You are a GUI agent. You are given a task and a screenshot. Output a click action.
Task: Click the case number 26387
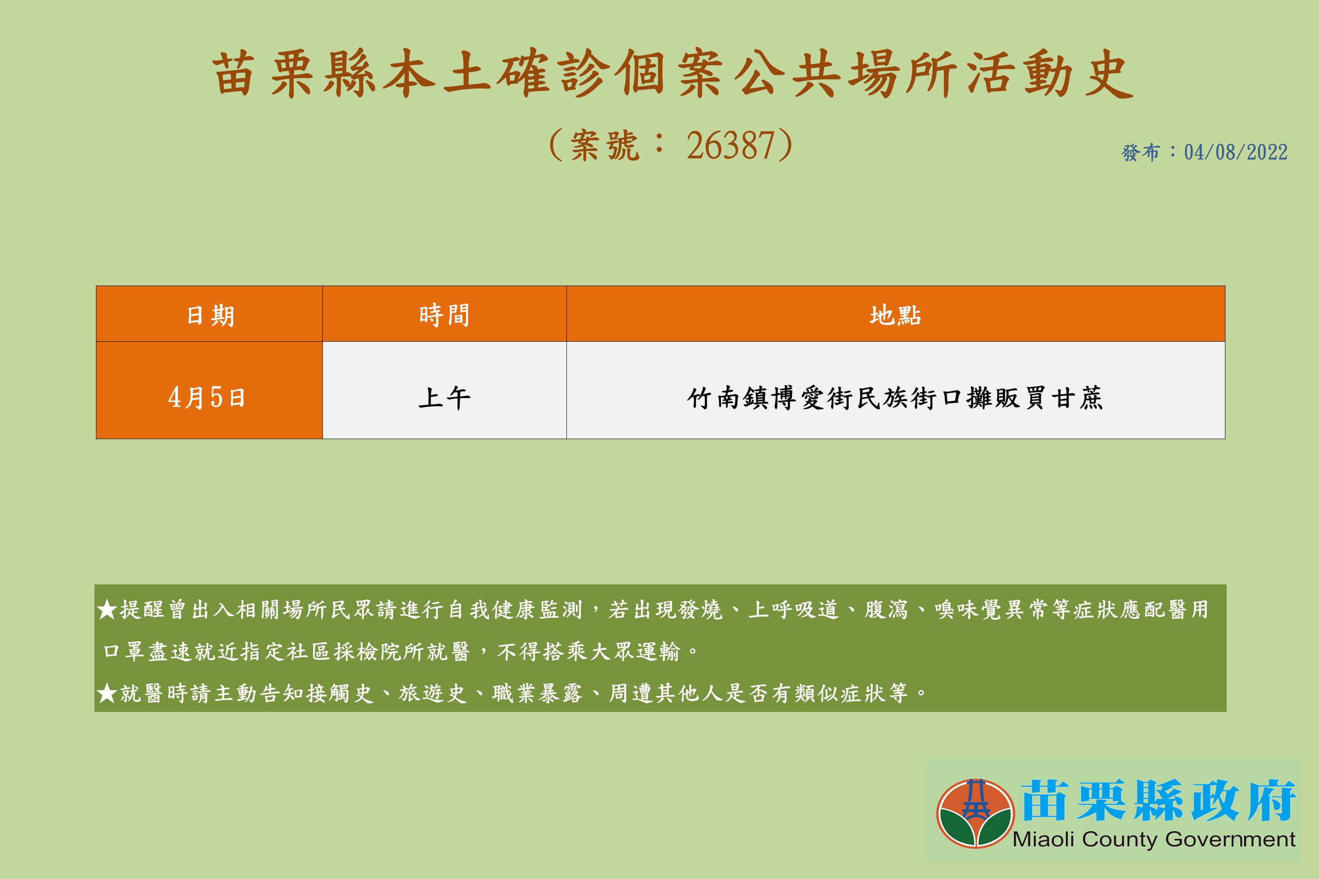tap(731, 146)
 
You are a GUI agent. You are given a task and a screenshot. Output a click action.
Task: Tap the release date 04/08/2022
tap(1236, 152)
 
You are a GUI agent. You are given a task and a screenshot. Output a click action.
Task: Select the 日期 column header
tap(210, 316)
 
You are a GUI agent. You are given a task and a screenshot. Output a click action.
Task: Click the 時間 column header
tap(444, 315)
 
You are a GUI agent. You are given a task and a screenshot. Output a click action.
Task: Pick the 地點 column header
tap(895, 315)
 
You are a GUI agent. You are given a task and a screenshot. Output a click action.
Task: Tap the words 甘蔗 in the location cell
tap(1077, 398)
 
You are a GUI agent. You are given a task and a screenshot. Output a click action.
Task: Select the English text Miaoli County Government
tap(1154, 839)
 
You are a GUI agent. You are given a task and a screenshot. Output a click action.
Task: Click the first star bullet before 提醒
tap(107, 609)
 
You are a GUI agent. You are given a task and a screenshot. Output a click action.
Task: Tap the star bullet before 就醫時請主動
tap(107, 694)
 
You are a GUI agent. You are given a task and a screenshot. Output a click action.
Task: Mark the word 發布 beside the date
tap(1140, 152)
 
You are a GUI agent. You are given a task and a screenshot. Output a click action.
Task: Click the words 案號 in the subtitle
tap(604, 146)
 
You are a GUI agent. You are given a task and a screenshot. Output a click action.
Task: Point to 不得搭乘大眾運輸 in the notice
tap(588, 651)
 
